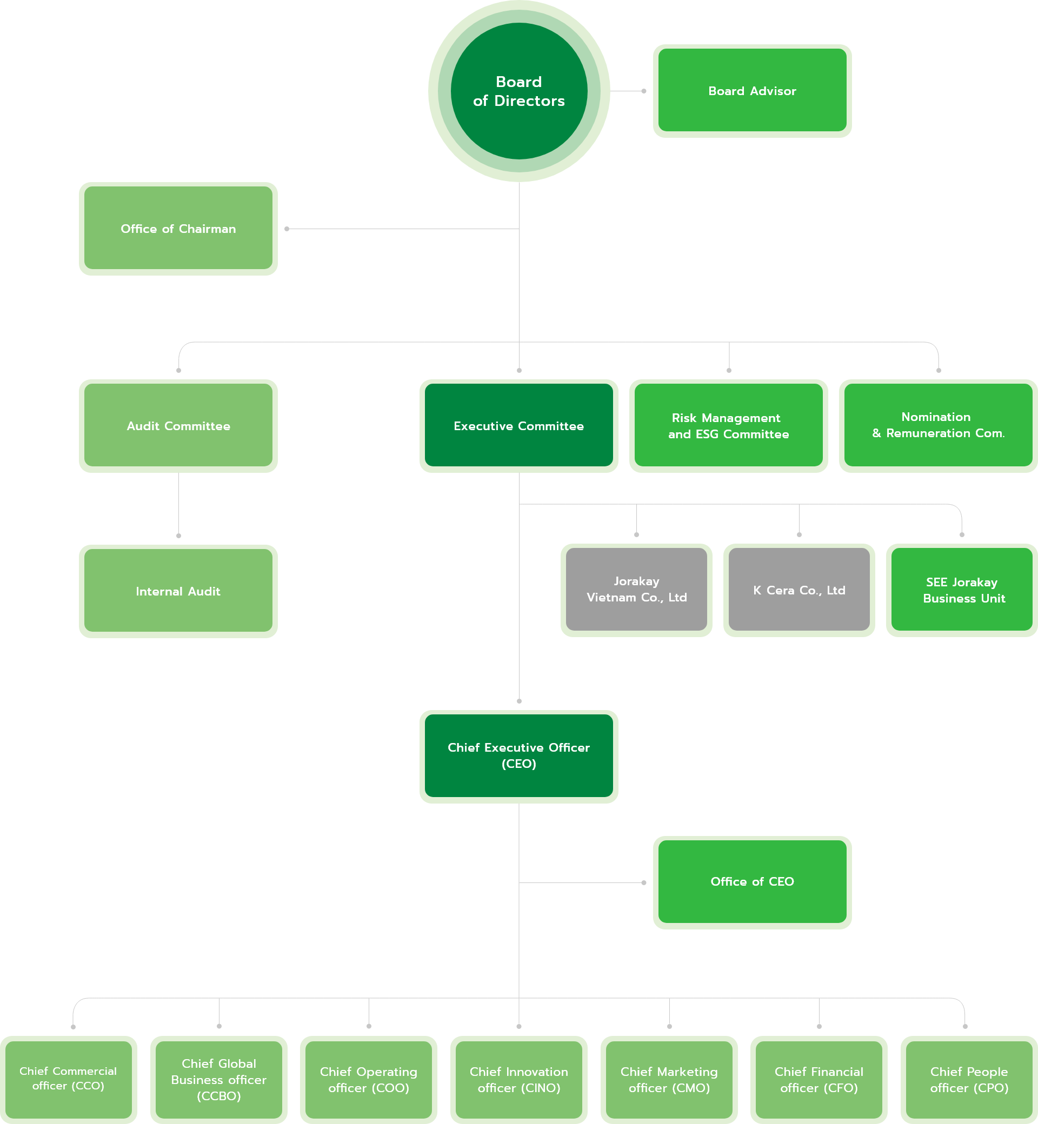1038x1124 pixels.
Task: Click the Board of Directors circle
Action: [x=518, y=91]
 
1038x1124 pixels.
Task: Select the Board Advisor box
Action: [x=752, y=90]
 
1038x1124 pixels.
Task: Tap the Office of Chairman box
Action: [x=178, y=229]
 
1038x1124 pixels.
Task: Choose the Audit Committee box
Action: [x=178, y=426]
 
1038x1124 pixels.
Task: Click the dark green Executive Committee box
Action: [x=518, y=426]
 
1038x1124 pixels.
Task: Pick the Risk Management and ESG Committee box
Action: [x=729, y=426]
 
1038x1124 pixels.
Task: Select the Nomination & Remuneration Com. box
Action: [x=938, y=426]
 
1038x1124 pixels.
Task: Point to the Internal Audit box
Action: [x=178, y=591]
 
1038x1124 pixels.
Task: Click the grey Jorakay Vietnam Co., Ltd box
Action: [x=636, y=590]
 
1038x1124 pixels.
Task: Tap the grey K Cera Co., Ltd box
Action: [x=799, y=590]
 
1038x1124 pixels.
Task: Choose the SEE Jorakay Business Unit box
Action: [x=962, y=590]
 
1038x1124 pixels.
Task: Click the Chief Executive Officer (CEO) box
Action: [x=518, y=755]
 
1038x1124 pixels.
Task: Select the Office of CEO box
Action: [x=752, y=881]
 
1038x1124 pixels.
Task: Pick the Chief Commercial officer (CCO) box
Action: [x=69, y=1079]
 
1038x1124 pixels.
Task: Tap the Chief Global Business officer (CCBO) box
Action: [x=218, y=1079]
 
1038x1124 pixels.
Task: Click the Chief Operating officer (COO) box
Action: [x=369, y=1079]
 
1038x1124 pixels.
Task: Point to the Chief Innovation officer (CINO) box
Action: [x=518, y=1079]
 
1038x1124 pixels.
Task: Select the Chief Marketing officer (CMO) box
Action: [x=669, y=1079]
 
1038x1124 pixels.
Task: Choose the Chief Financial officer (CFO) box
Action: [x=819, y=1079]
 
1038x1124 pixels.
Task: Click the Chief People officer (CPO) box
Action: [x=969, y=1079]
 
